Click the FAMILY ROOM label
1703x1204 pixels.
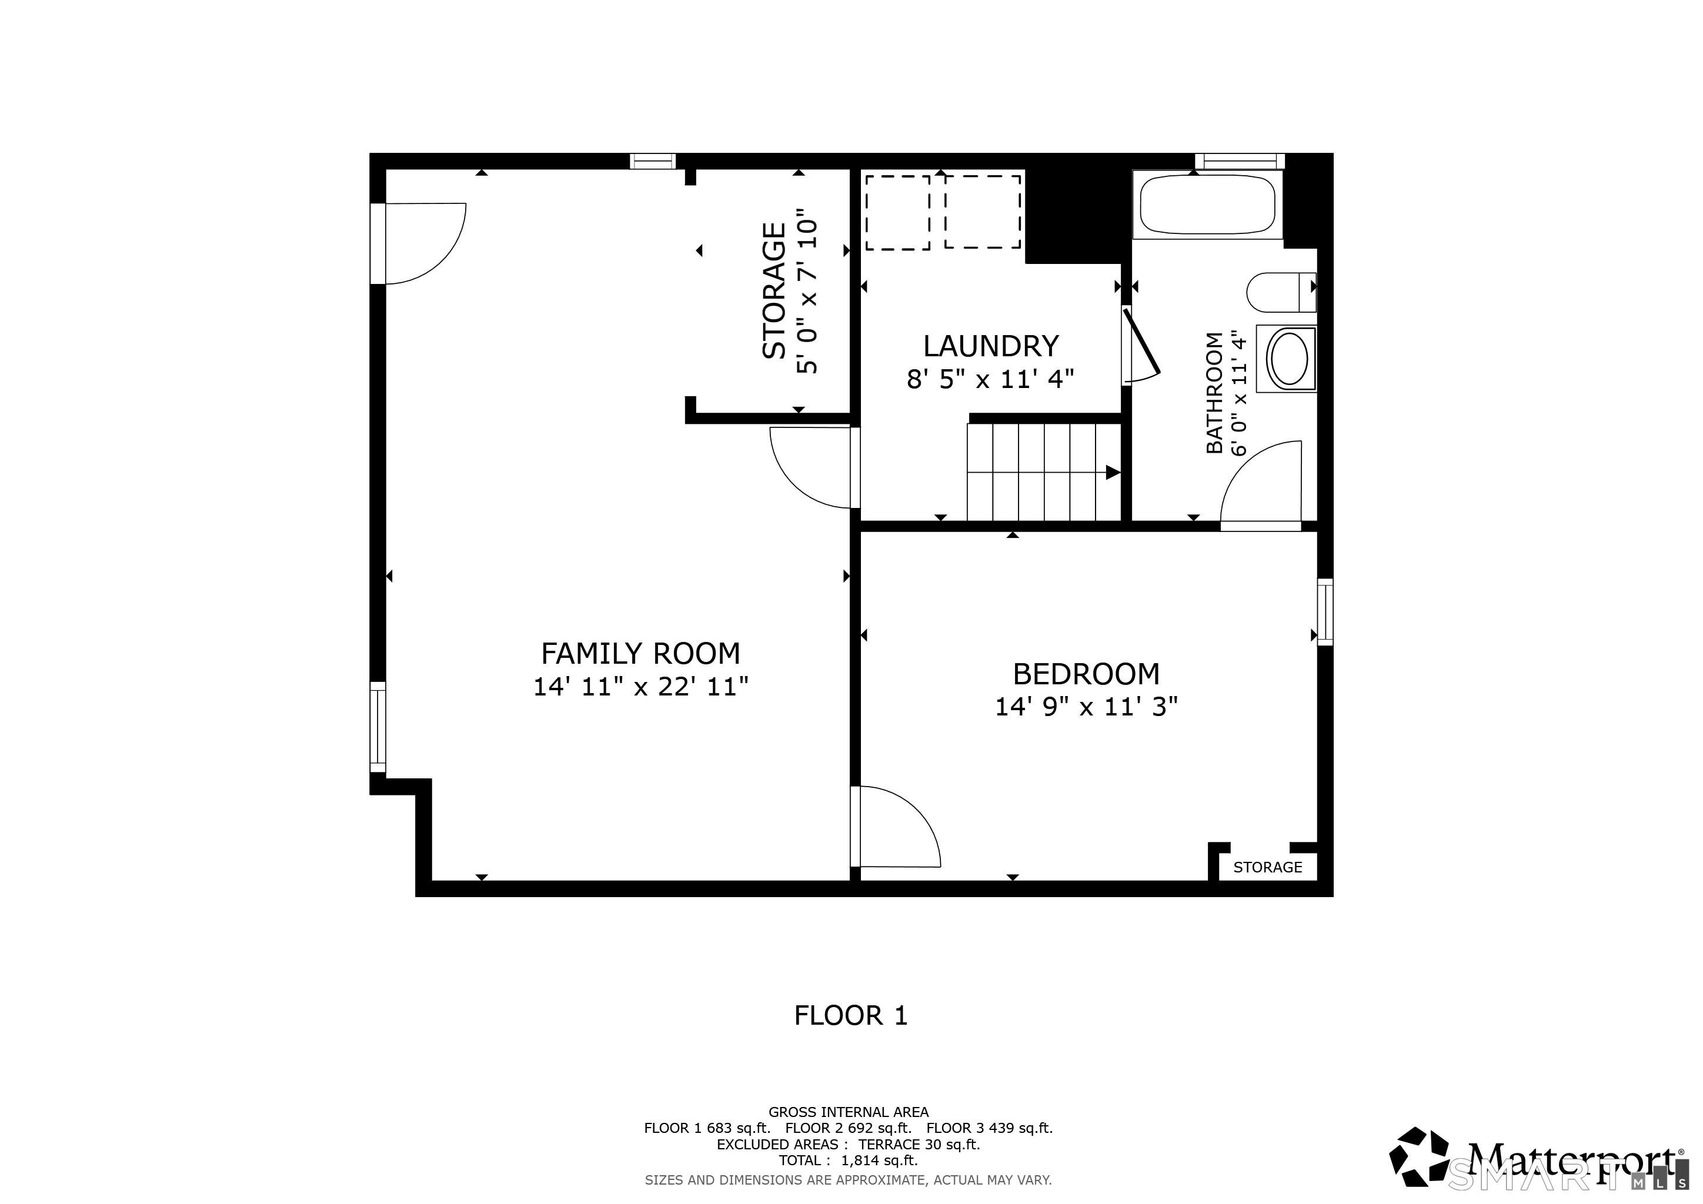pyautogui.click(x=641, y=653)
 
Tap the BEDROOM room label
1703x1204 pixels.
pyautogui.click(x=1086, y=674)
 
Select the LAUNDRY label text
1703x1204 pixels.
pyautogui.click(x=990, y=346)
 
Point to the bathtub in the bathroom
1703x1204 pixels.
pyautogui.click(x=1207, y=205)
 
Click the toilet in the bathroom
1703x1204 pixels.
pyautogui.click(x=1281, y=293)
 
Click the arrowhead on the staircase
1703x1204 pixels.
pyautogui.click(x=1113, y=472)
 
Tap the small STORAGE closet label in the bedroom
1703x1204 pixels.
pyautogui.click(x=1268, y=867)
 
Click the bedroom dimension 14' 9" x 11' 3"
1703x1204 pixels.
pyautogui.click(x=1086, y=707)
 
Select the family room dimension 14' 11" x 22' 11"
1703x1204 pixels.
pyautogui.click(x=641, y=687)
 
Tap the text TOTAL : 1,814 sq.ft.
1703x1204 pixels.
pyautogui.click(x=848, y=1160)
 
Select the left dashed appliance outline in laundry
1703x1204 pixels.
pyautogui.click(x=898, y=213)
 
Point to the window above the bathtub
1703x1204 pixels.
pyautogui.click(x=1240, y=161)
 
